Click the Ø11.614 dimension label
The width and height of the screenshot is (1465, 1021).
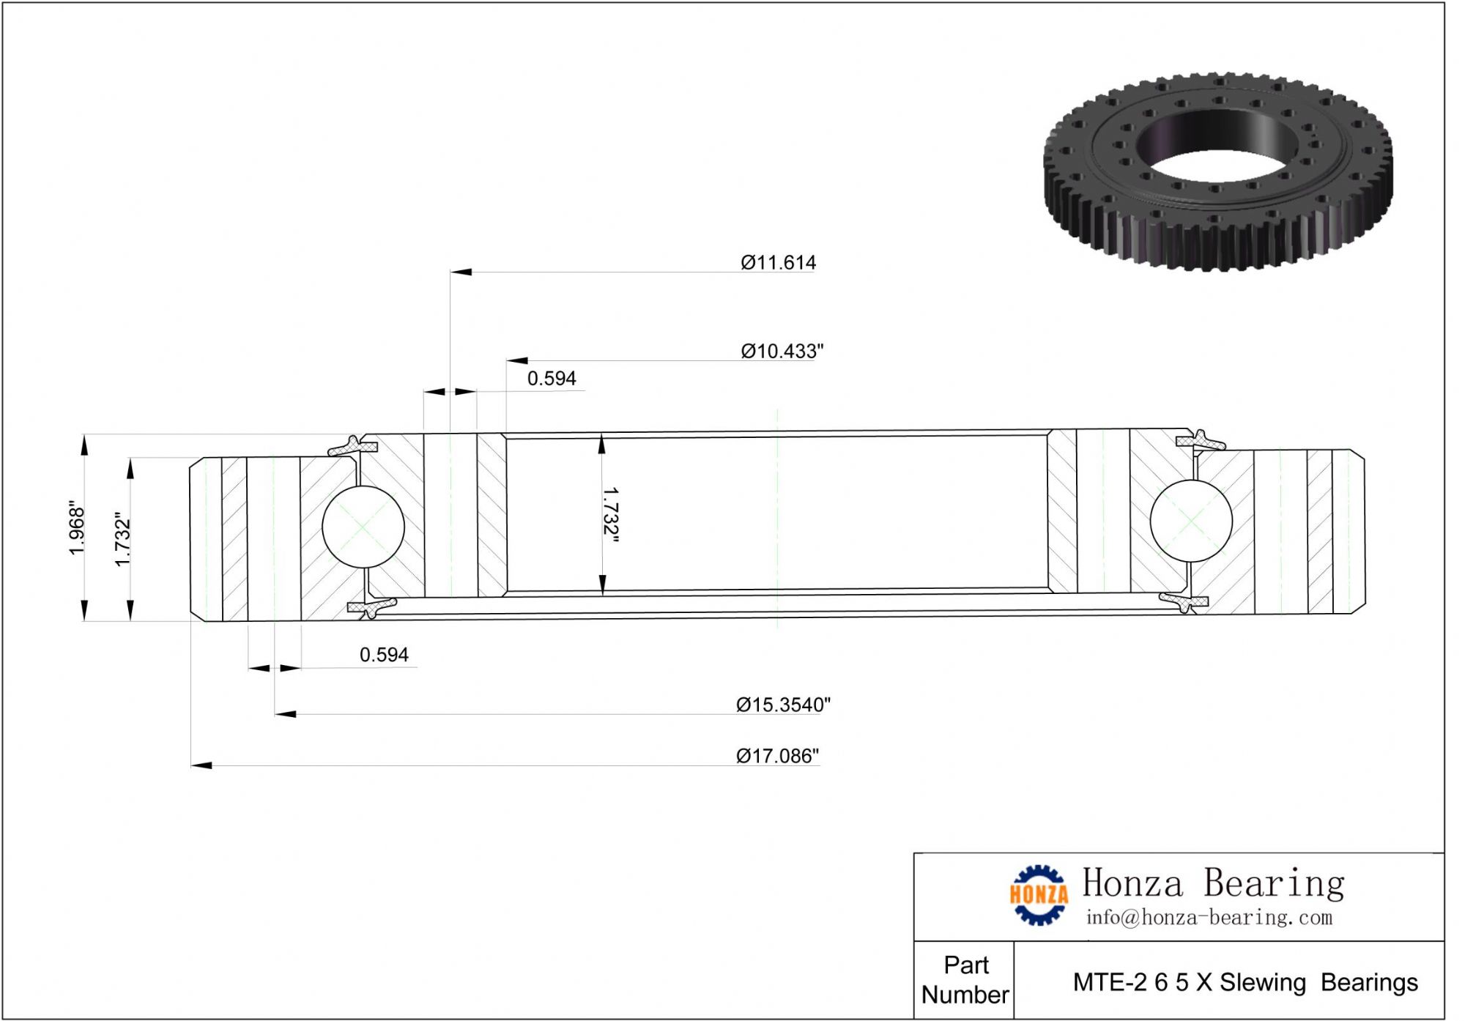[x=778, y=262]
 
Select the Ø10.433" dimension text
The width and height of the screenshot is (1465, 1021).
[x=782, y=352]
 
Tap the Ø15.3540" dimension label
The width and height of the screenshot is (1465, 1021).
[x=783, y=705]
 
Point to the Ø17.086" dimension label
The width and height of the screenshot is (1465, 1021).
[x=777, y=756]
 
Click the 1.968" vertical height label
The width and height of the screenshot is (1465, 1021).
[x=77, y=528]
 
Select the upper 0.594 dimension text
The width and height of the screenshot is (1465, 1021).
[x=552, y=379]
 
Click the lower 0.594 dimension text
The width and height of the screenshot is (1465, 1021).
[x=384, y=655]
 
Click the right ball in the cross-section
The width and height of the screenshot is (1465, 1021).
[x=1191, y=521]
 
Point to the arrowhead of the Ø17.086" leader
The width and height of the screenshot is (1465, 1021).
[x=201, y=765]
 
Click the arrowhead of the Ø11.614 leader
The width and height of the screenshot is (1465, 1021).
[x=461, y=272]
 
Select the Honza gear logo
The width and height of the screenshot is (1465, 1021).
[x=1038, y=894]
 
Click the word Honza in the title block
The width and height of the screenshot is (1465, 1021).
[x=1132, y=883]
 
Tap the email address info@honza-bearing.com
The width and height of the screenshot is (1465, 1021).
[x=1209, y=918]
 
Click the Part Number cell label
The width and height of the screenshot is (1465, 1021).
[x=965, y=980]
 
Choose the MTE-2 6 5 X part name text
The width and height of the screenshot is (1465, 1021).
[x=1245, y=982]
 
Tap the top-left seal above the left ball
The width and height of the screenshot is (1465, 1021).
[x=353, y=445]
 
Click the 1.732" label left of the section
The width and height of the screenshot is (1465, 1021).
[x=122, y=539]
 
